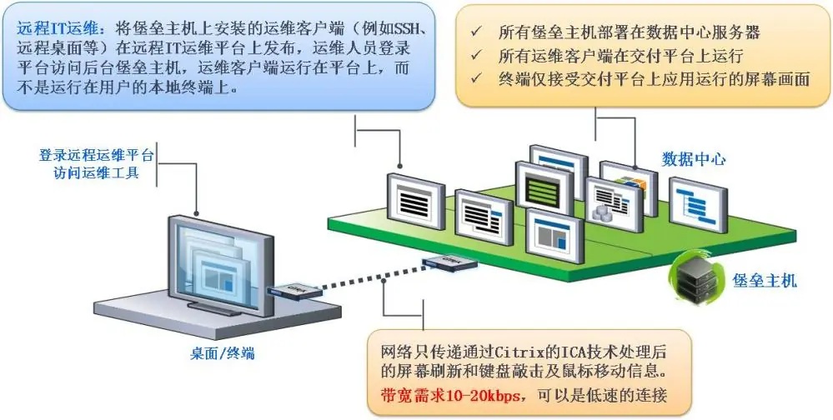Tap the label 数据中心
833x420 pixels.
[x=693, y=159]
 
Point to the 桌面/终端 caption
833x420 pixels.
[x=223, y=352]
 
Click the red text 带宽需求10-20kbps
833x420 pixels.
[x=449, y=396]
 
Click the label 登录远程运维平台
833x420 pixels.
[x=96, y=156]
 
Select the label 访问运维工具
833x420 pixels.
[x=96, y=172]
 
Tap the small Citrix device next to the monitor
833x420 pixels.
[x=294, y=292]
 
